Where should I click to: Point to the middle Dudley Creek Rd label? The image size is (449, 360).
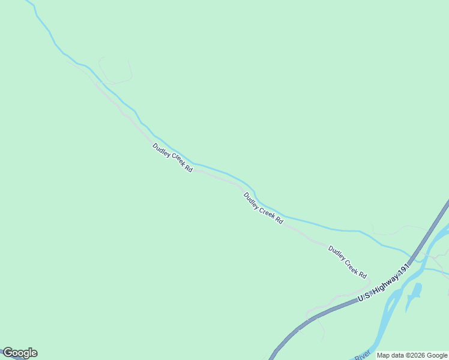[263, 208]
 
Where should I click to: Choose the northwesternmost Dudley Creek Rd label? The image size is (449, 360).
[172, 158]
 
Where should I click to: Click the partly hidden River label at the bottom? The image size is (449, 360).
[361, 356]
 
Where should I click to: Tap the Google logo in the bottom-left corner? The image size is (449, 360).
[20, 353]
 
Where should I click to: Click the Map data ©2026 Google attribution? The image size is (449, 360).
[412, 355]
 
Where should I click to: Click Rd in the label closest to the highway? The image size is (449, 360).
[362, 274]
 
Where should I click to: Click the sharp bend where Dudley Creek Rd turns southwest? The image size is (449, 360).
[367, 281]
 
